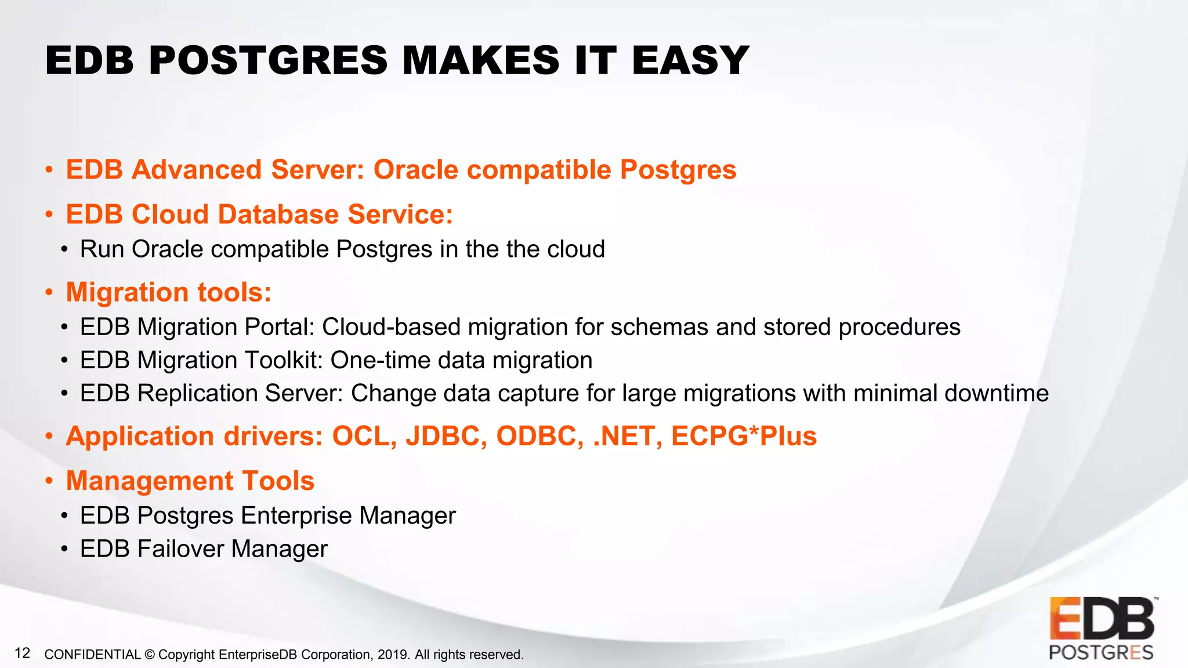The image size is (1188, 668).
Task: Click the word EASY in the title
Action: click(690, 61)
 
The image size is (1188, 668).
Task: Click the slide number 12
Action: click(22, 654)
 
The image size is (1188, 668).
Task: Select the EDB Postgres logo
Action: click(1101, 629)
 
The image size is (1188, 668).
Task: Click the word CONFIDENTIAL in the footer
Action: click(92, 655)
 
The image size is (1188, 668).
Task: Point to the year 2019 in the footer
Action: click(393, 655)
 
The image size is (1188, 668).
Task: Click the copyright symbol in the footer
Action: click(149, 655)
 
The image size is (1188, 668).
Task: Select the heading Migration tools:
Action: click(169, 292)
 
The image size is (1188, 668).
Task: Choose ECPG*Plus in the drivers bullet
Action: click(744, 436)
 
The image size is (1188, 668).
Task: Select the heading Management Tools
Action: click(190, 481)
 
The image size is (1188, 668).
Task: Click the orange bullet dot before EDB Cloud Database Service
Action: click(49, 215)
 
